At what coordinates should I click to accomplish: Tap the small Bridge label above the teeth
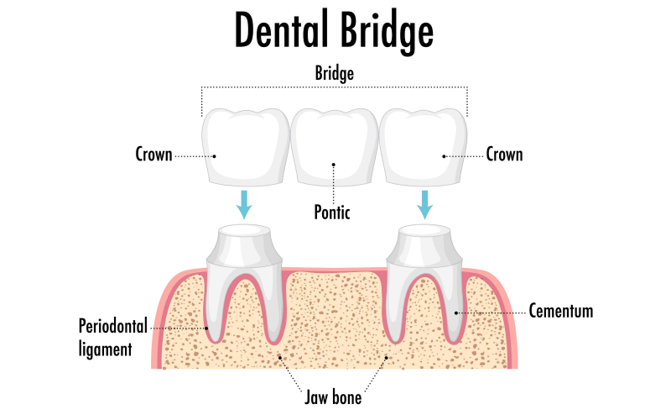pyautogui.click(x=334, y=74)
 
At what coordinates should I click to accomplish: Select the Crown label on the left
pyautogui.click(x=154, y=155)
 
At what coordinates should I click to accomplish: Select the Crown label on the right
pyautogui.click(x=504, y=155)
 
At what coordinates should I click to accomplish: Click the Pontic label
pyautogui.click(x=333, y=213)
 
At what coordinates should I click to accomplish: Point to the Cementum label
pyautogui.click(x=560, y=312)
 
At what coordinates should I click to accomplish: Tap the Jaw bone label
pyautogui.click(x=333, y=396)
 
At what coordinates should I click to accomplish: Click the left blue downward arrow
pyautogui.click(x=244, y=204)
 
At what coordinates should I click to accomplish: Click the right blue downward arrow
pyautogui.click(x=425, y=204)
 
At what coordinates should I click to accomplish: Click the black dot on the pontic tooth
pyautogui.click(x=334, y=165)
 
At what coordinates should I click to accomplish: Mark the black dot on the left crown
pyautogui.click(x=215, y=155)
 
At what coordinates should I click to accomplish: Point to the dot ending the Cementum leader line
pyautogui.click(x=456, y=312)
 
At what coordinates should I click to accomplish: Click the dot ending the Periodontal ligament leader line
pyautogui.click(x=206, y=328)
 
